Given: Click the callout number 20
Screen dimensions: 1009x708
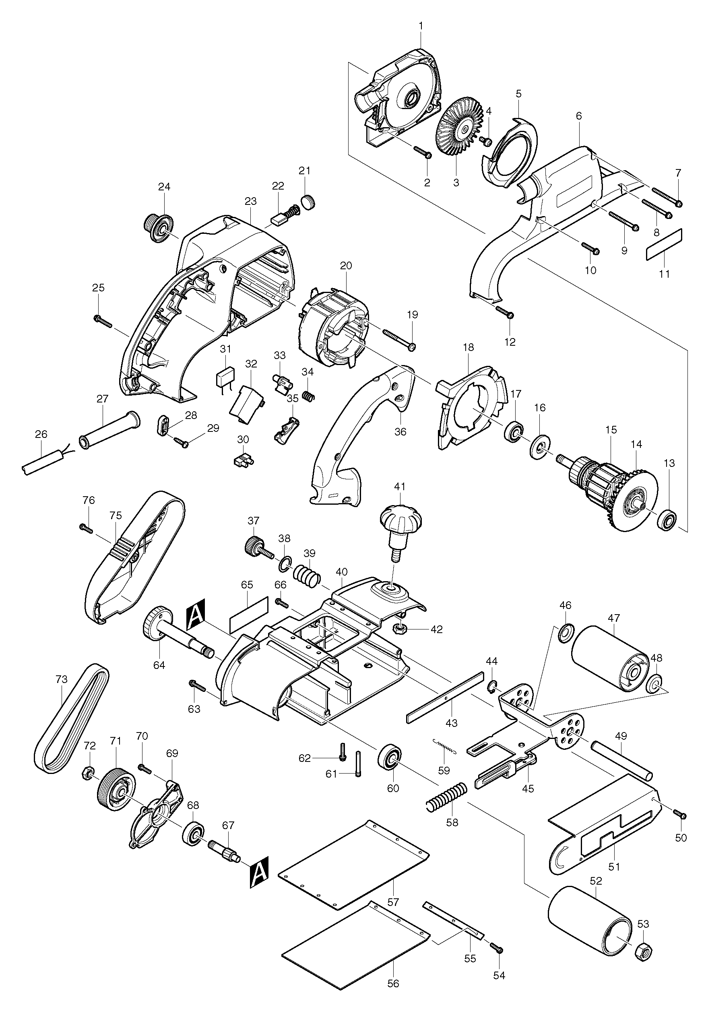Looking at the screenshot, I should [346, 266].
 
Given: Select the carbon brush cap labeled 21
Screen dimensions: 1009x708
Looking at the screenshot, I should [309, 202].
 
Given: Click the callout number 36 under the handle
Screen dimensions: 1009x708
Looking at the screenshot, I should [400, 431].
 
